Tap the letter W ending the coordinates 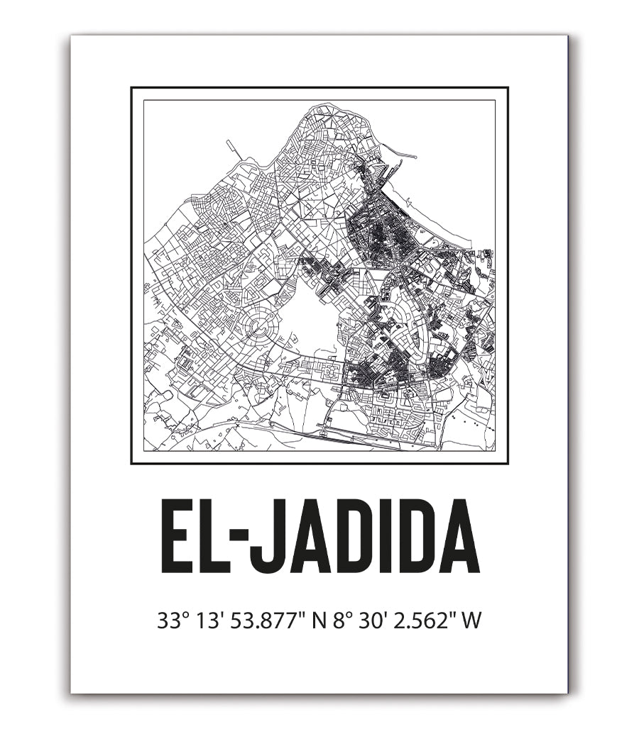point(471,622)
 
